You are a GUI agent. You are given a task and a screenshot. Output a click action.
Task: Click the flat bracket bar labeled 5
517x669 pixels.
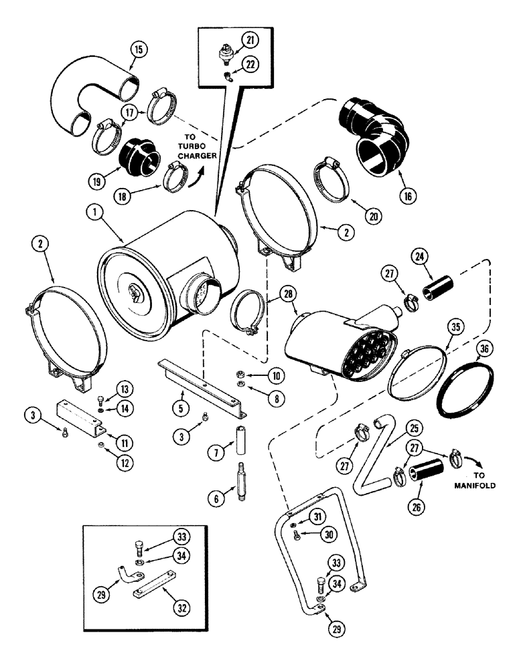click(x=201, y=381)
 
